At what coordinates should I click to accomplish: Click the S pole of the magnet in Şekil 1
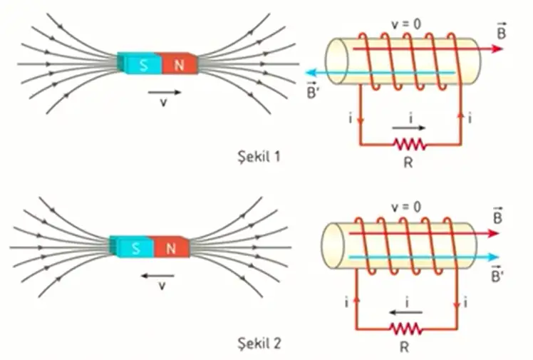point(145,64)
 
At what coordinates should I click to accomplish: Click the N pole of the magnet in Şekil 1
point(179,64)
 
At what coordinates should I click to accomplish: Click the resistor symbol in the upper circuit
point(409,145)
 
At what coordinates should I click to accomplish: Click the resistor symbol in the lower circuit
point(406,330)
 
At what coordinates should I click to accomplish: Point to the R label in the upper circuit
point(409,163)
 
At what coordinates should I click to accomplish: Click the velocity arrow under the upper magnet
point(165,91)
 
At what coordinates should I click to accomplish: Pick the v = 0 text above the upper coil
point(407,24)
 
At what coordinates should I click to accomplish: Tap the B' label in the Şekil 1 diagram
point(311,89)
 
